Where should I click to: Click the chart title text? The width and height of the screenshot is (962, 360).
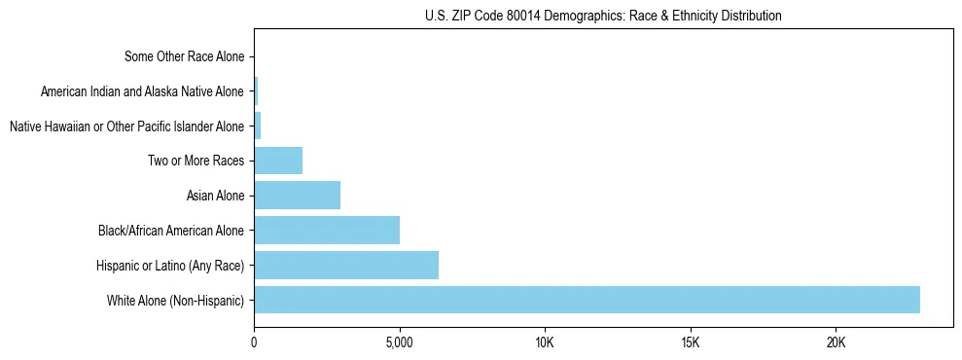click(x=603, y=16)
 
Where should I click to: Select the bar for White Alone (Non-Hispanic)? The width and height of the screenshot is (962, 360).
click(x=587, y=300)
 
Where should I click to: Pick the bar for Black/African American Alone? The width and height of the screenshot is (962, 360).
click(x=327, y=231)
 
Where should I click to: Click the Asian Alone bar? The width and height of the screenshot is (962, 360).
click(x=297, y=196)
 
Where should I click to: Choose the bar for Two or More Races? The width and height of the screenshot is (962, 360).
click(x=278, y=161)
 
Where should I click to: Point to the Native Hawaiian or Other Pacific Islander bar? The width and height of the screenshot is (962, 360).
click(x=258, y=126)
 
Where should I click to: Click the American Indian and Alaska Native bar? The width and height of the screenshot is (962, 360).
click(x=256, y=91)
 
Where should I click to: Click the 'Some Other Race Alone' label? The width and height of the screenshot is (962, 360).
click(x=185, y=56)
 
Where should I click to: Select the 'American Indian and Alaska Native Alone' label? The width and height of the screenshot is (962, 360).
click(x=143, y=91)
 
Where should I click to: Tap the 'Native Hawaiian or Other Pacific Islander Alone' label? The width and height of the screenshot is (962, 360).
click(x=126, y=126)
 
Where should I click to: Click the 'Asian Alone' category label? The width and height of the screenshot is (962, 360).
click(x=215, y=196)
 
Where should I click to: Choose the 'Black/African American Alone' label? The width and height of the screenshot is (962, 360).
click(x=171, y=231)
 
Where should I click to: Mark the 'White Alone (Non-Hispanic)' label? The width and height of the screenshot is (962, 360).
click(x=176, y=301)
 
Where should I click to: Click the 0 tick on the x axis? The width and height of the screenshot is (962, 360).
click(x=254, y=343)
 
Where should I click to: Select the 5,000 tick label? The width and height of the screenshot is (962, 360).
click(x=399, y=343)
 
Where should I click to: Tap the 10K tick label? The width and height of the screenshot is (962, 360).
click(x=545, y=343)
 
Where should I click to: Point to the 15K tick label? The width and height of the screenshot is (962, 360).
click(x=690, y=343)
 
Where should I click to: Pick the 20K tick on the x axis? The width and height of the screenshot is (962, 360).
click(x=836, y=343)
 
